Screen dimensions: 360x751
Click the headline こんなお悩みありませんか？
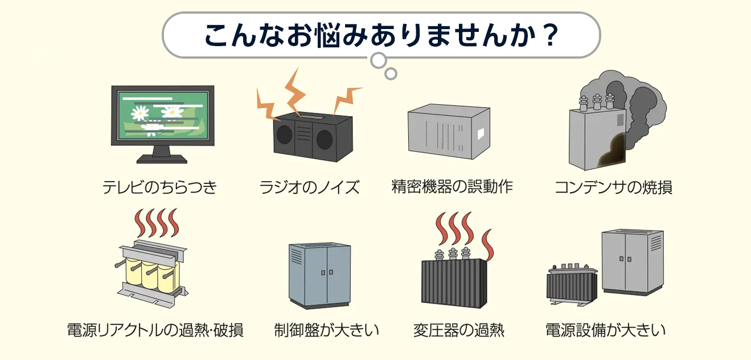381,35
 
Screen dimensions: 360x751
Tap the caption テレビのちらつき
160,187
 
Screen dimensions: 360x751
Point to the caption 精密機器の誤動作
453,187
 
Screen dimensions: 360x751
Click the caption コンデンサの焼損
613,187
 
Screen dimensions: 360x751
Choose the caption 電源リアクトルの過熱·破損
155,330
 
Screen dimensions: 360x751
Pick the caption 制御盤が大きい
326,330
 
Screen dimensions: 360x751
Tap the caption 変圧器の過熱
459,330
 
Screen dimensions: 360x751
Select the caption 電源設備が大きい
605,330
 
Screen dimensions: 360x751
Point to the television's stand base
162,159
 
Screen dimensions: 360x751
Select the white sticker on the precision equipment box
481,134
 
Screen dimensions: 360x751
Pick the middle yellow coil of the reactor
151,275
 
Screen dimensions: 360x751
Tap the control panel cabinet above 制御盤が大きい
319,275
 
